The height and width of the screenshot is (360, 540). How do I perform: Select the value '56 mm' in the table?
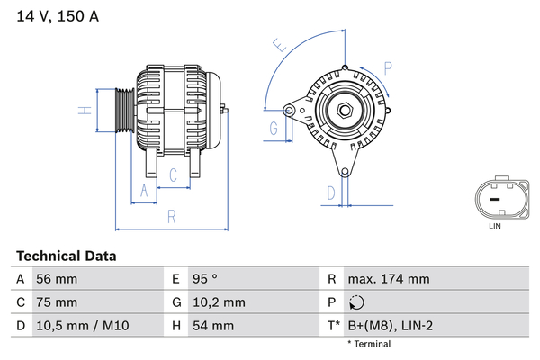tap(56, 280)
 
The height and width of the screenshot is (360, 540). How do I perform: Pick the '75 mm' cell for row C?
tap(56, 302)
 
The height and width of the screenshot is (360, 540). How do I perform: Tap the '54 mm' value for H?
tap(212, 325)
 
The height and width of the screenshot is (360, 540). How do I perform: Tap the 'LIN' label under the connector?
tap(494, 226)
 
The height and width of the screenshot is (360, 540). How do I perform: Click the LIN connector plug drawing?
tap(494, 198)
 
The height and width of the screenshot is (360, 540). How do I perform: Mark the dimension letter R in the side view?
tap(170, 216)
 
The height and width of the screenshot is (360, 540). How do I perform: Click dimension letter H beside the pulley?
tap(83, 111)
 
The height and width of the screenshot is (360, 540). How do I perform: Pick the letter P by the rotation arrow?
tap(387, 67)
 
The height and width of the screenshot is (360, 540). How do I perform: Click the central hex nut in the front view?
tap(345, 111)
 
